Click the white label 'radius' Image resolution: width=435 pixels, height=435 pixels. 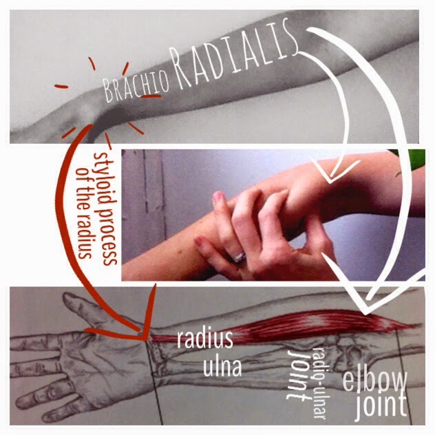(x=205, y=339)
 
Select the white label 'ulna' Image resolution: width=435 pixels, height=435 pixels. (x=222, y=366)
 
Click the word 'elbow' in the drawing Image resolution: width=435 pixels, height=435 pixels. (x=374, y=379)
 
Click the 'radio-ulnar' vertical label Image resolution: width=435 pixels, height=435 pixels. (x=319, y=382)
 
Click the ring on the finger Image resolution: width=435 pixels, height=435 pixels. (x=240, y=257)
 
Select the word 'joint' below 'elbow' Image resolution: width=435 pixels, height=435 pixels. (x=381, y=405)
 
